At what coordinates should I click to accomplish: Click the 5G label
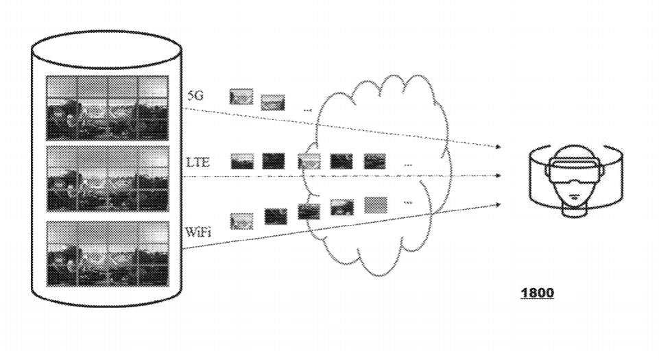(195, 97)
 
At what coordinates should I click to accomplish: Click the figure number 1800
(538, 293)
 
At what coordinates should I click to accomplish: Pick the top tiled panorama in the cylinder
(107, 107)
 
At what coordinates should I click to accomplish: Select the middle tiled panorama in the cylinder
(107, 178)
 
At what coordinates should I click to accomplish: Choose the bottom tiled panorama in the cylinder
(107, 253)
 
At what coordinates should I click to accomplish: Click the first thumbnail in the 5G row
(241, 97)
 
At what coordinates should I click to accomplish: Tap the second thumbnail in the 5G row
(272, 102)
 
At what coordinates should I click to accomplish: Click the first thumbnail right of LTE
(242, 161)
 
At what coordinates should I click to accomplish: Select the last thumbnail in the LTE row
(374, 161)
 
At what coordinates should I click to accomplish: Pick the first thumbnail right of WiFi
(241, 221)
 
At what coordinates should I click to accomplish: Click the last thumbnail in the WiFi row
(375, 204)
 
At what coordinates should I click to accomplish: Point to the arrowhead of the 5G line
(499, 147)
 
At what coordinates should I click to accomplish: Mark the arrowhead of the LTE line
(499, 176)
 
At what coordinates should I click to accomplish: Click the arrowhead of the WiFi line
(499, 204)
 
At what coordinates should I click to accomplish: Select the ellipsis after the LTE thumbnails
(409, 165)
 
